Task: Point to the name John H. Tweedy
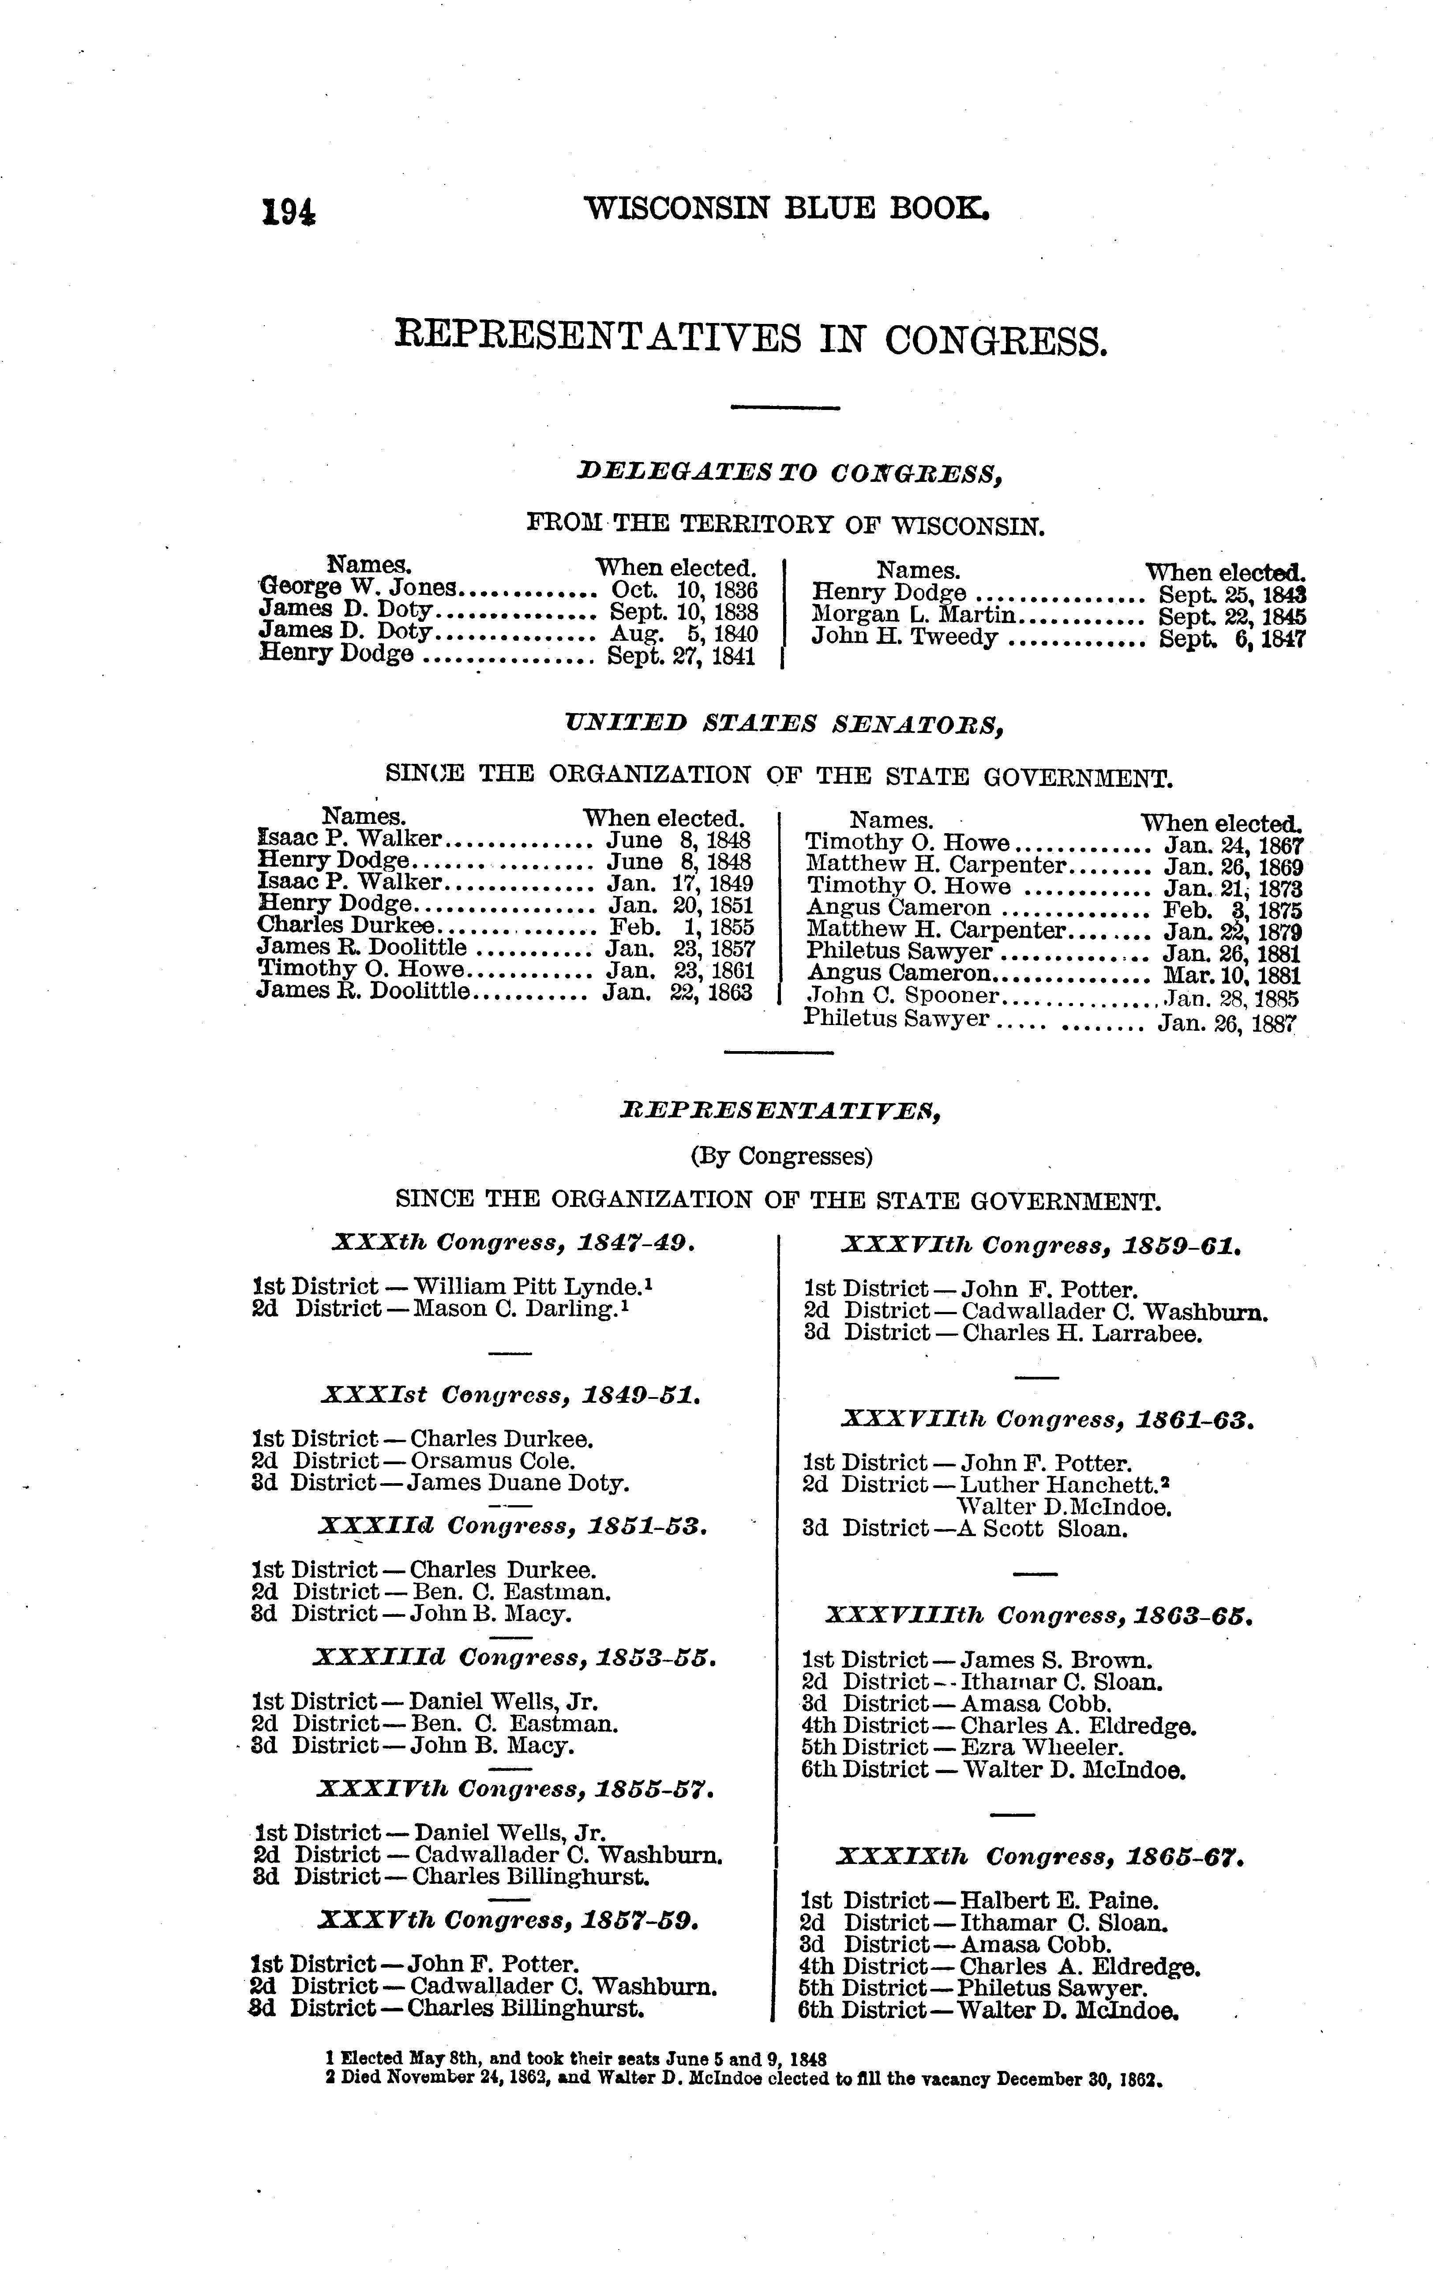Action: (904, 637)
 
